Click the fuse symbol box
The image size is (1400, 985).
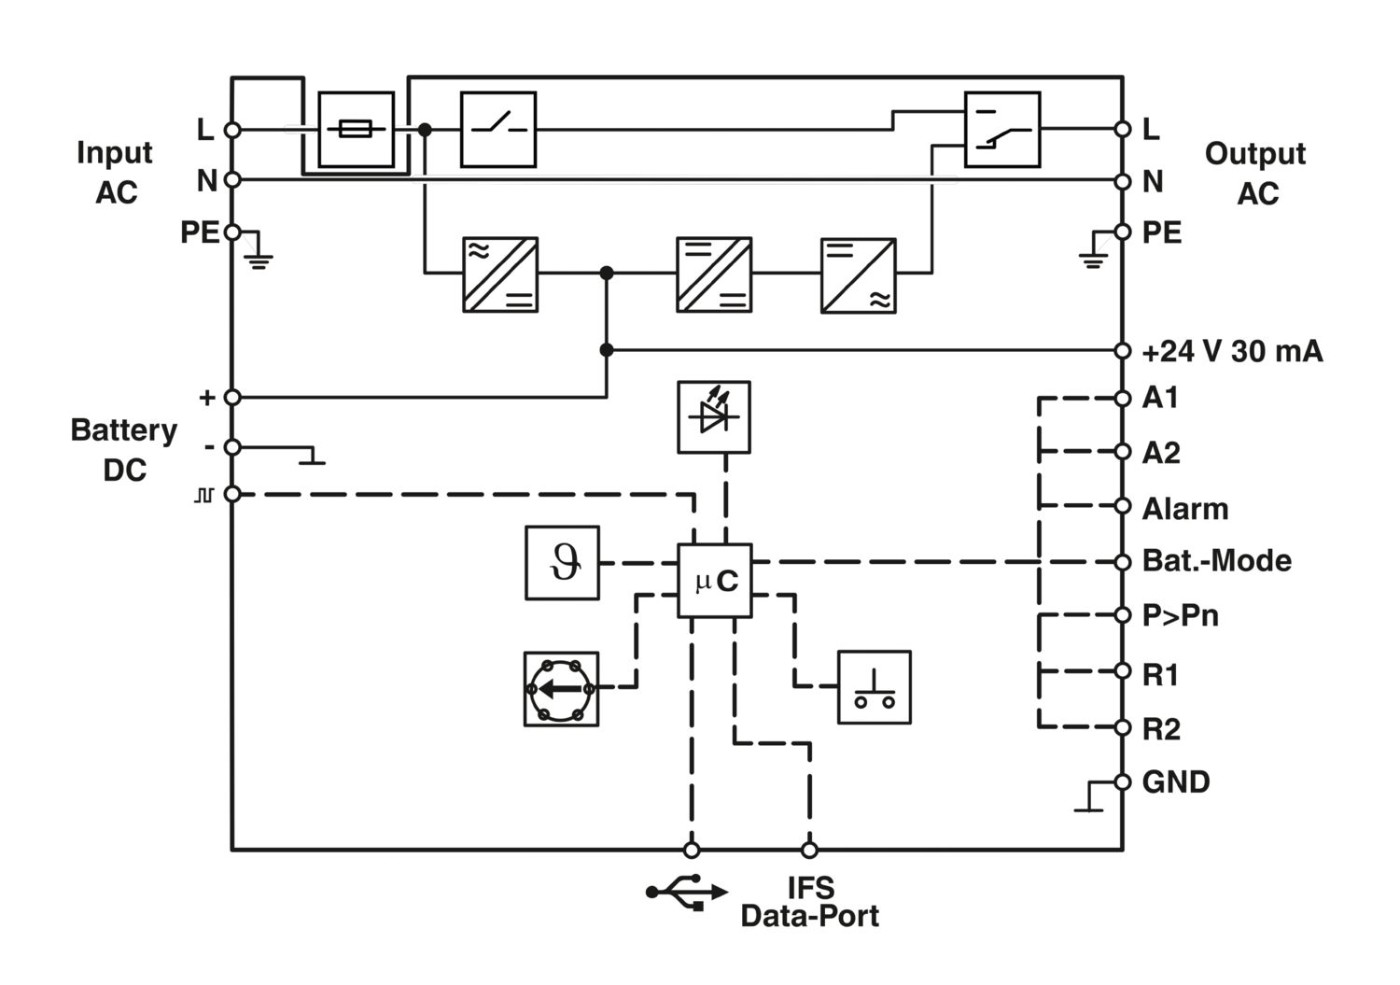click(357, 130)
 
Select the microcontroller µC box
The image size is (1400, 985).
click(714, 581)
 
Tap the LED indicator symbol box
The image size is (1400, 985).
click(714, 417)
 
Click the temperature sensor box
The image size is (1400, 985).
click(562, 563)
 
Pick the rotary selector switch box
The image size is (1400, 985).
click(561, 689)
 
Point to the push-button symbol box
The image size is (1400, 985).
click(874, 687)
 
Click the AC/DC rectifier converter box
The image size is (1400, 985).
click(500, 274)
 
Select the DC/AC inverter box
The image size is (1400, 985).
click(858, 275)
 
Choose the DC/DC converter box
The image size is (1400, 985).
click(714, 274)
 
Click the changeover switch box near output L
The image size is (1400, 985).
click(1001, 130)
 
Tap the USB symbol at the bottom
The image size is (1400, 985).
click(687, 892)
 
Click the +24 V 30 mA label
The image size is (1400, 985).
click(1232, 351)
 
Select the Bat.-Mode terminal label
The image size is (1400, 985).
click(1216, 561)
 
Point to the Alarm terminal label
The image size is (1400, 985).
click(1185, 509)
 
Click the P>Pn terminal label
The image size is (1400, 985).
click(1180, 615)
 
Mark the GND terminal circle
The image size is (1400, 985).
click(1123, 781)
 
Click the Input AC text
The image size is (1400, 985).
click(115, 172)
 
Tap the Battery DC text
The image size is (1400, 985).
click(124, 450)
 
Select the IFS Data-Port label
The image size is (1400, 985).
click(810, 902)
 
